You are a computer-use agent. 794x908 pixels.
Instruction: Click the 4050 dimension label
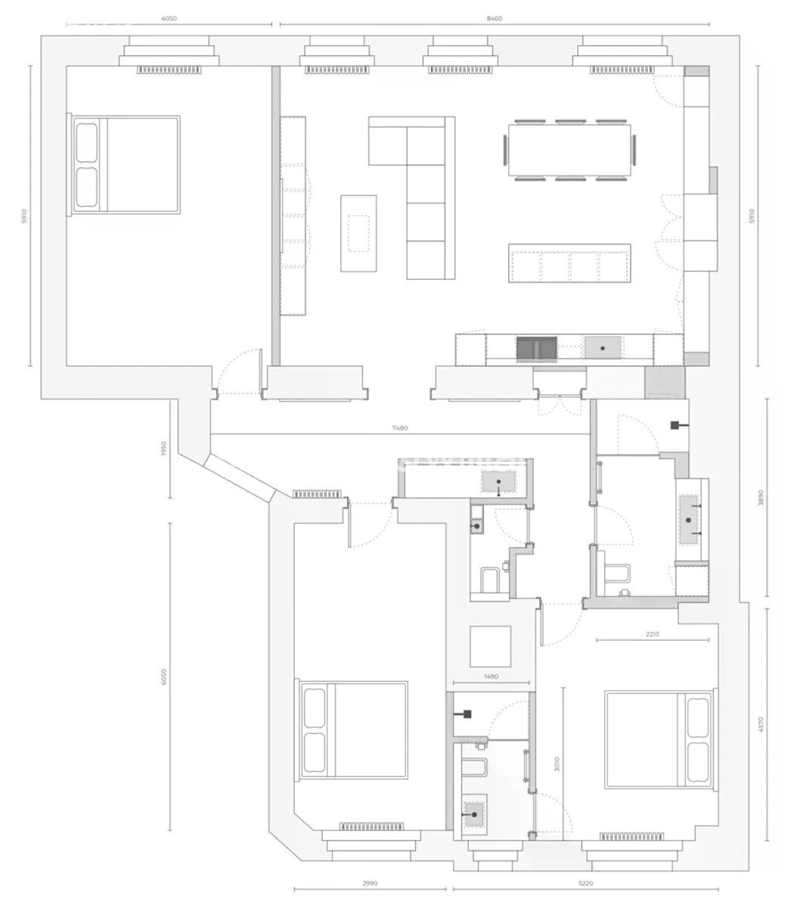(169, 18)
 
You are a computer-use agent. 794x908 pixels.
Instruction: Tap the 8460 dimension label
(494, 18)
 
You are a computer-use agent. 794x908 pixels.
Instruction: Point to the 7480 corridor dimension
(400, 428)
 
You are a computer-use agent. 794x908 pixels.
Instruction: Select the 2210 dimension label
(652, 634)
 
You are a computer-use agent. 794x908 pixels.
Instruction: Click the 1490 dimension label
(491, 676)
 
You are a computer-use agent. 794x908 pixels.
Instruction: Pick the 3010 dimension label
(557, 763)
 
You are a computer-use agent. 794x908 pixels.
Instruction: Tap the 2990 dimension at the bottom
(370, 883)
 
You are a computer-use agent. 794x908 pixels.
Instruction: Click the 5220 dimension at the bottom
(585, 883)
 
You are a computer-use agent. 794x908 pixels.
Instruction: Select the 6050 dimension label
(163, 676)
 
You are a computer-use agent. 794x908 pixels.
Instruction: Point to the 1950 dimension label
(163, 449)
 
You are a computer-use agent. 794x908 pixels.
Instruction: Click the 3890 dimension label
(761, 497)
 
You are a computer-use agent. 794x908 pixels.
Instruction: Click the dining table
(569, 150)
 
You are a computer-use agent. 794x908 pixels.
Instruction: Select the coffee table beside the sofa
(358, 234)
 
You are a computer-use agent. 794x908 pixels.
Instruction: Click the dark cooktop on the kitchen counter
(537, 350)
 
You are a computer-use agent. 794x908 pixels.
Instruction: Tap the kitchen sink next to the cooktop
(603, 347)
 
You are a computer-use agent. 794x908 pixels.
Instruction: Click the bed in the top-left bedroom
(124, 165)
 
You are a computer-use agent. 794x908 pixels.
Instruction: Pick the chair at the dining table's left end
(505, 150)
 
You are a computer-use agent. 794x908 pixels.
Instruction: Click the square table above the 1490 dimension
(490, 646)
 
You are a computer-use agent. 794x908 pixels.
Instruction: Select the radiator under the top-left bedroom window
(169, 70)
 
